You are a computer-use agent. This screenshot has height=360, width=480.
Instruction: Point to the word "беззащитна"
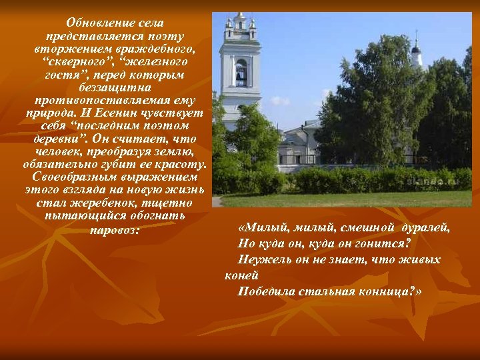coord(115,87)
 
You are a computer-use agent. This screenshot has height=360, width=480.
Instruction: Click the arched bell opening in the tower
coord(241,73)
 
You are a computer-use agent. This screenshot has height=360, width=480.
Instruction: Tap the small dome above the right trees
coord(416,50)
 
